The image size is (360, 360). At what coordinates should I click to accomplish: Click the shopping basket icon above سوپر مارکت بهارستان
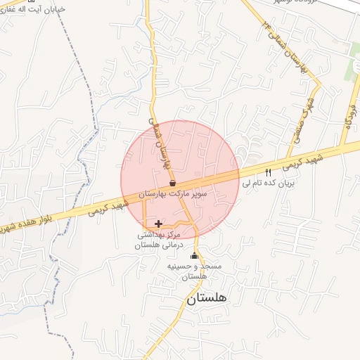172,183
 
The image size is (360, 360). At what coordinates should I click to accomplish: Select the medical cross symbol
157,224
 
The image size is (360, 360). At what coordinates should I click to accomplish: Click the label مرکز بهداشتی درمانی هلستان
157,239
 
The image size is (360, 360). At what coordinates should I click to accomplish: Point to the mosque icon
194,257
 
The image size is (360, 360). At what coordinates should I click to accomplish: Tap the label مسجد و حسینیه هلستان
194,272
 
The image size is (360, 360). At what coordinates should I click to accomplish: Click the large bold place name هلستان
209,299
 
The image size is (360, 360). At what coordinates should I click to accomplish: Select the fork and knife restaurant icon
267,172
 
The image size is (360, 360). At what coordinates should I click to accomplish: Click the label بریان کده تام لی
271,182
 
